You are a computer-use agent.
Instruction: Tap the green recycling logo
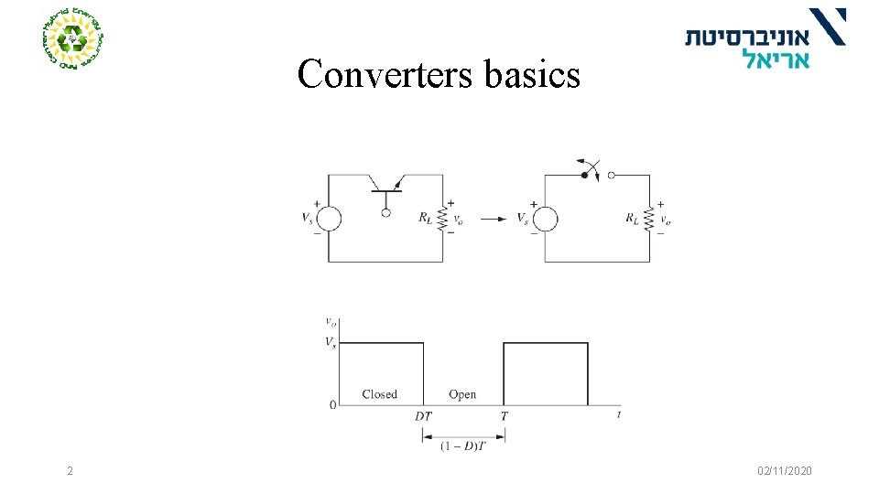pyautogui.click(x=72, y=39)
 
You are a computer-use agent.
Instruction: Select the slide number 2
pyautogui.click(x=70, y=470)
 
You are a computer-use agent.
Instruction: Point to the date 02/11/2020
pyautogui.click(x=784, y=470)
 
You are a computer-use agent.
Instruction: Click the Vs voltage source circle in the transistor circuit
pyautogui.click(x=329, y=219)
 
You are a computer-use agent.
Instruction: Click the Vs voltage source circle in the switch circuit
pyautogui.click(x=545, y=219)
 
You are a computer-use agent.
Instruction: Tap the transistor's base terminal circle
pyautogui.click(x=385, y=212)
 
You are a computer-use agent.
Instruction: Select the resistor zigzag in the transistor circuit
pyautogui.click(x=443, y=218)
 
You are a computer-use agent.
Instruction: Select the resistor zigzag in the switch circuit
pyautogui.click(x=649, y=218)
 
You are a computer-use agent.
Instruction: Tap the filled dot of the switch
pyautogui.click(x=583, y=174)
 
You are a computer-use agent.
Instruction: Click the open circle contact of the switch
pyautogui.click(x=611, y=174)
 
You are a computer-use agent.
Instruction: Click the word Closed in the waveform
pyautogui.click(x=379, y=394)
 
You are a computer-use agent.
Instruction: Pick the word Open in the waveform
pyautogui.click(x=462, y=394)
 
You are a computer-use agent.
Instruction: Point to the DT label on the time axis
pyautogui.click(x=423, y=416)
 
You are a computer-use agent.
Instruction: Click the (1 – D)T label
pyautogui.click(x=463, y=446)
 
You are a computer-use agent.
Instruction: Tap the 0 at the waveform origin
pyautogui.click(x=332, y=405)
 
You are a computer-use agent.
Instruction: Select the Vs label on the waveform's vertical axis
pyautogui.click(x=329, y=342)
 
